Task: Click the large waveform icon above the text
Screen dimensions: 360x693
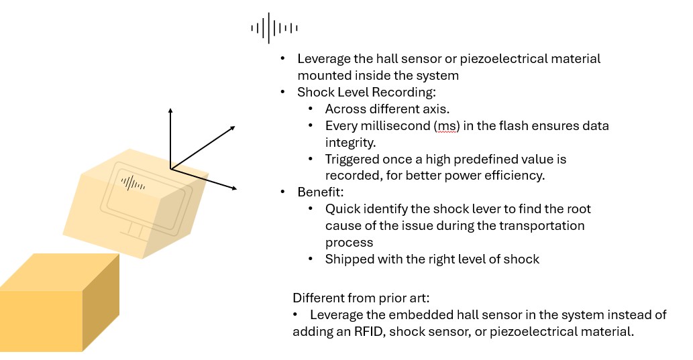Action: pos(274,27)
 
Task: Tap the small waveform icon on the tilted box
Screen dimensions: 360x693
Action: pos(132,182)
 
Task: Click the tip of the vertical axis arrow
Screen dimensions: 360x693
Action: pos(170,109)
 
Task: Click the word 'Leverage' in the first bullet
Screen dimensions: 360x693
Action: pos(324,59)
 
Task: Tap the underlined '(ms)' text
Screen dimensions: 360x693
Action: pos(446,125)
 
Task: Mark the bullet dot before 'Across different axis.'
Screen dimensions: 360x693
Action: pos(311,109)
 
